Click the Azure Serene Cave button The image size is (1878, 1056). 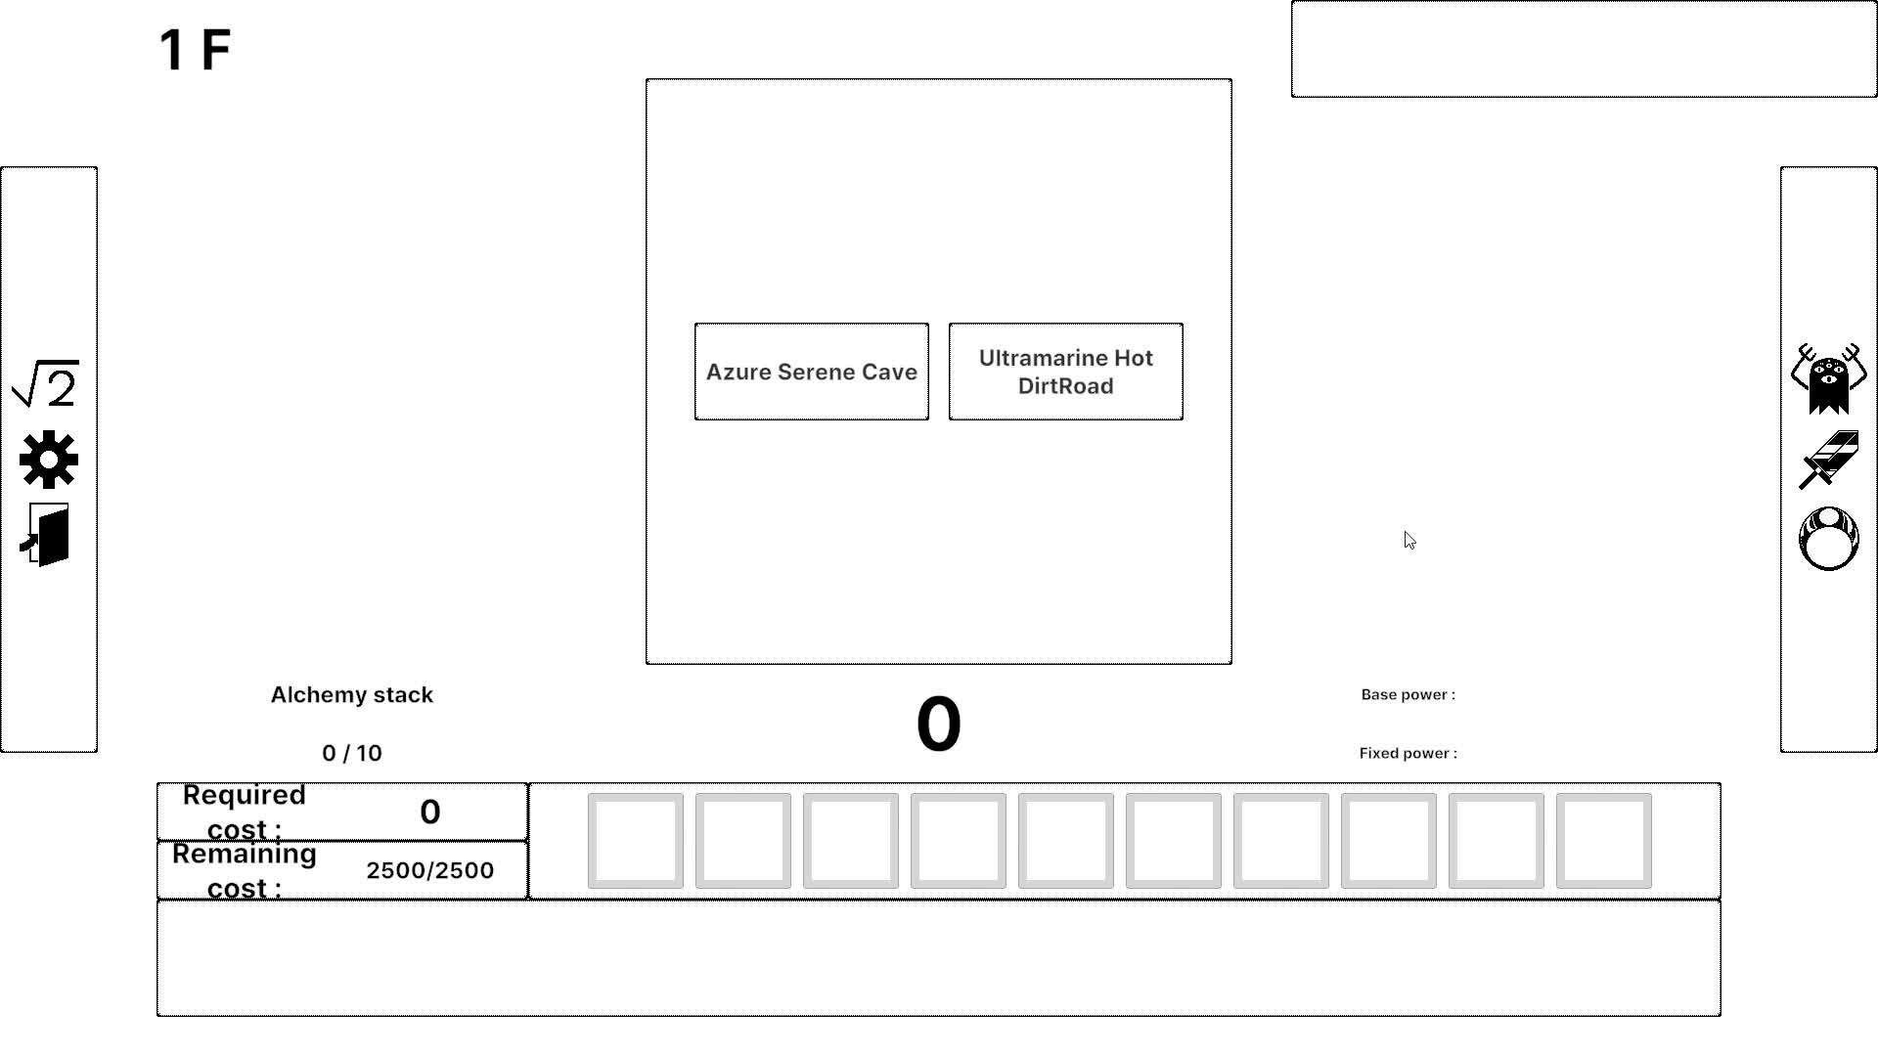point(811,372)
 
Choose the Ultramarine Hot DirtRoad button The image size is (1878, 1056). point(1065,372)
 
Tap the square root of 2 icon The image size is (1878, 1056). point(46,383)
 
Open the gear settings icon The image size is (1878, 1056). point(48,460)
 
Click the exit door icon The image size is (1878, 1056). point(46,535)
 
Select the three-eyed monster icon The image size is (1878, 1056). point(1828,378)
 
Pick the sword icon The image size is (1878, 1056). point(1828,460)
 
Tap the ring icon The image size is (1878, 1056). point(1828,539)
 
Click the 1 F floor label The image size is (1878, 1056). point(195,50)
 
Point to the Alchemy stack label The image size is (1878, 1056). point(352,695)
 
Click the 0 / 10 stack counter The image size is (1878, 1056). point(352,753)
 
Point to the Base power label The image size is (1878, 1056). point(1408,695)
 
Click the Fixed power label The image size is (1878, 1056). point(1408,753)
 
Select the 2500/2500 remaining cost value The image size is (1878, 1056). point(429,870)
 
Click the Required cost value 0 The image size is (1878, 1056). point(429,812)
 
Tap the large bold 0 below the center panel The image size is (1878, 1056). point(938,725)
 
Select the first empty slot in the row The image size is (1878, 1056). point(636,841)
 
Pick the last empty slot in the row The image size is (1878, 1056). point(1603,841)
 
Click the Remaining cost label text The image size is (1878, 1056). point(245,870)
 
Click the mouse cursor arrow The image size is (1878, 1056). point(1408,540)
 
